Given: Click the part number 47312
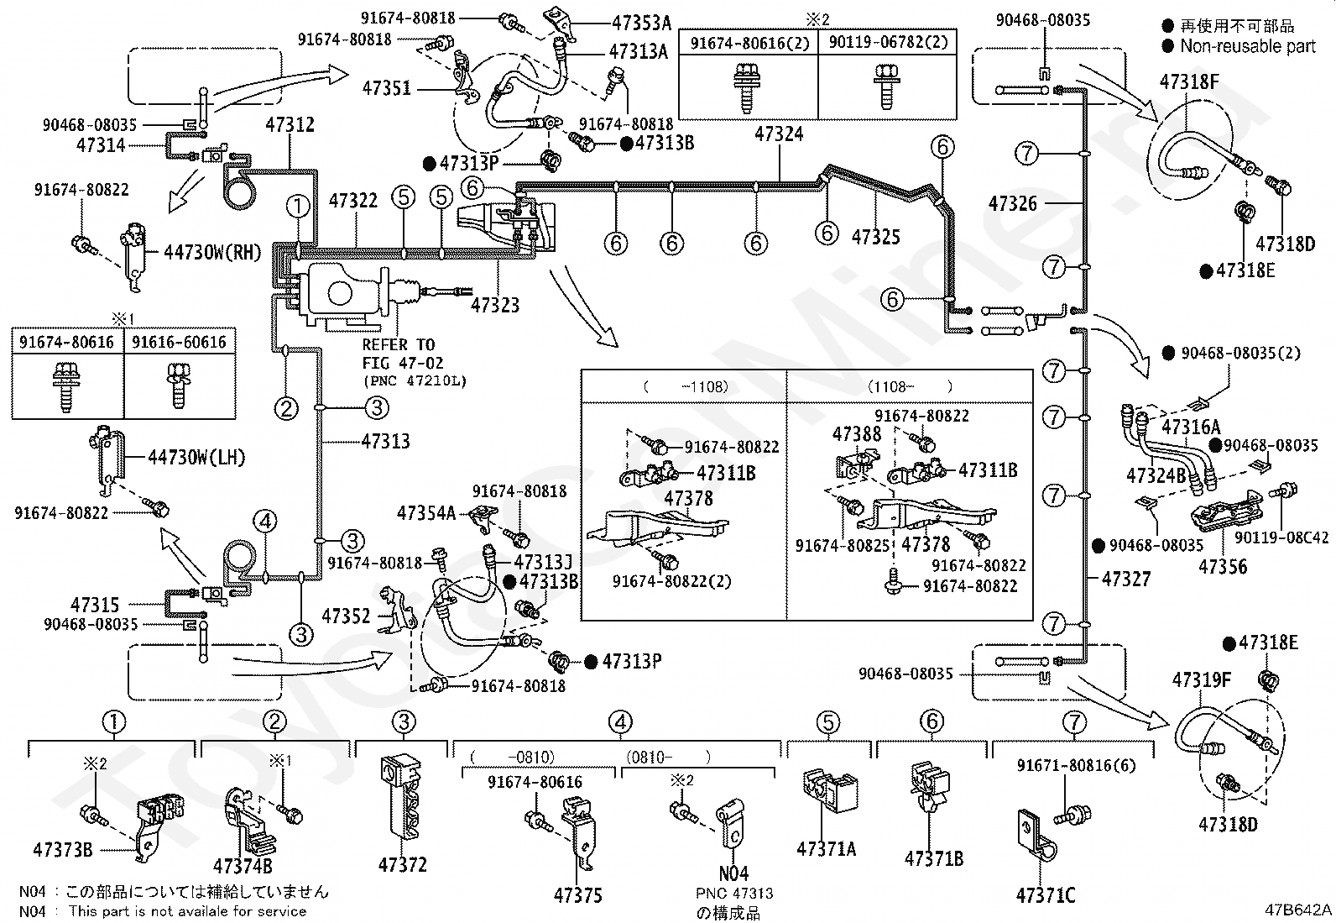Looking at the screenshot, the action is click(290, 125).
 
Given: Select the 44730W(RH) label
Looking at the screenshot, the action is click(213, 252).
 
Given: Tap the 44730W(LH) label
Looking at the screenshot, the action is click(197, 458).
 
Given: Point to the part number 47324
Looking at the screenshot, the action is click(779, 134).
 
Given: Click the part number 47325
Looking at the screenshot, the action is click(875, 237).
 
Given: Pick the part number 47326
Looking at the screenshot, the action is click(1013, 203).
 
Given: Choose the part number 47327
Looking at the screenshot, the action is click(1126, 579).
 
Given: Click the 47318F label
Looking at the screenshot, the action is click(1189, 81).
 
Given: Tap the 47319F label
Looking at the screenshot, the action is click(1202, 680).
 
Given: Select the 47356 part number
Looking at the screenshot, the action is click(1223, 567).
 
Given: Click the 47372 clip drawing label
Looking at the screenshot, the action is click(403, 864).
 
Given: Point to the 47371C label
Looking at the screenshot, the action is click(1046, 895).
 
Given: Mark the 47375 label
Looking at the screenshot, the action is click(578, 895).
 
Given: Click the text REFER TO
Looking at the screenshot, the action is click(399, 345).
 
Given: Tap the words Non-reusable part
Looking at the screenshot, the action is click(1248, 46).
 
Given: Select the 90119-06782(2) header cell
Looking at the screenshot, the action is click(888, 42).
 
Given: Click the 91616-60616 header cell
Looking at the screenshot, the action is click(180, 342).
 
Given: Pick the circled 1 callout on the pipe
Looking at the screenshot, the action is click(298, 207).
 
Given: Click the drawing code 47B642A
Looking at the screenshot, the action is click(1298, 910).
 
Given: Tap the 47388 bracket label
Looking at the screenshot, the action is click(857, 434).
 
